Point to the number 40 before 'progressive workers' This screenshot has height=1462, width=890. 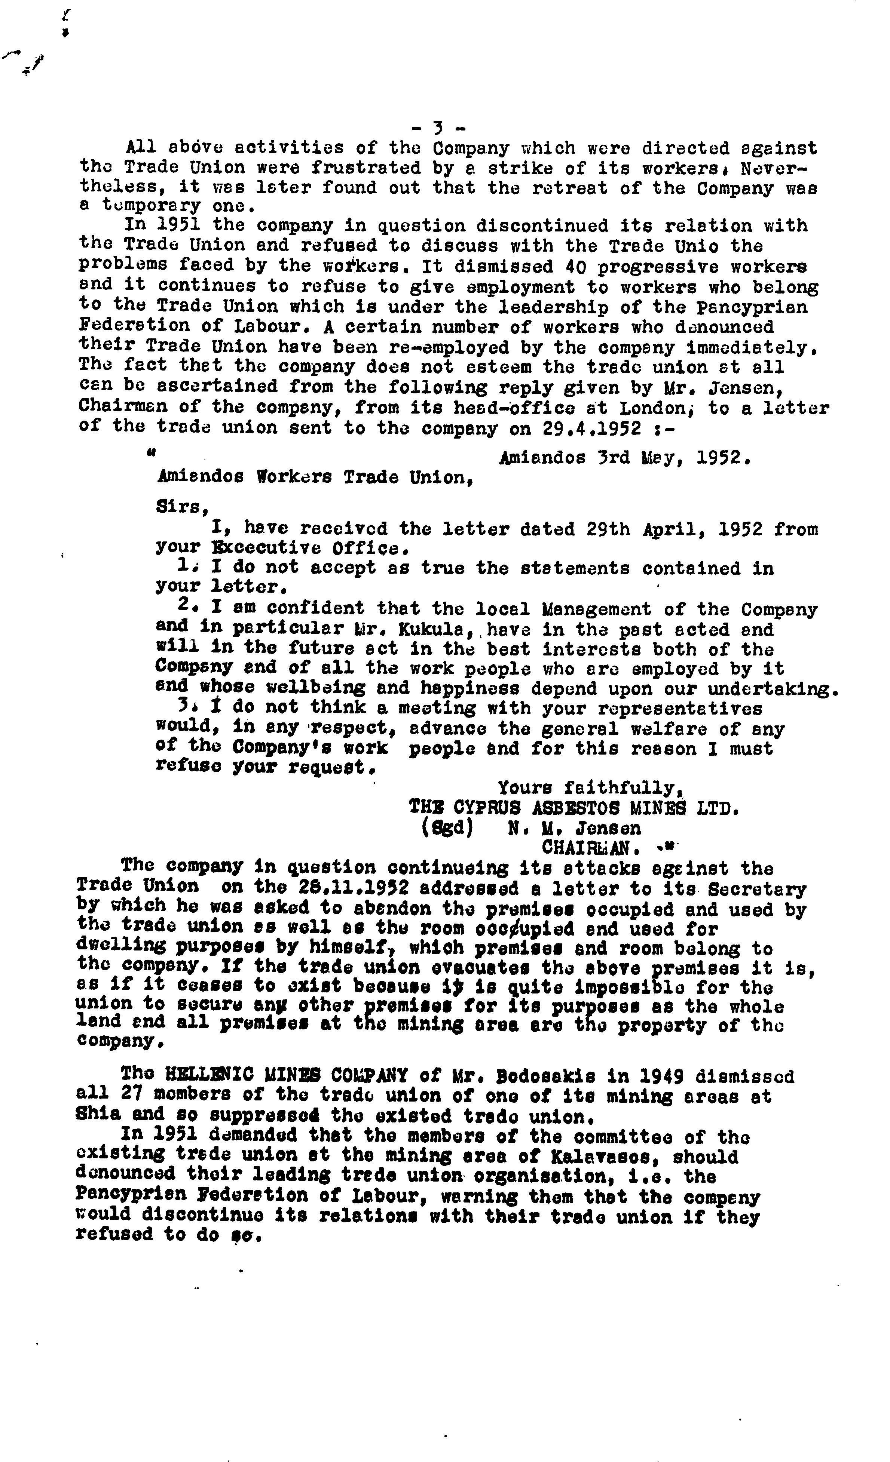point(576,267)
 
